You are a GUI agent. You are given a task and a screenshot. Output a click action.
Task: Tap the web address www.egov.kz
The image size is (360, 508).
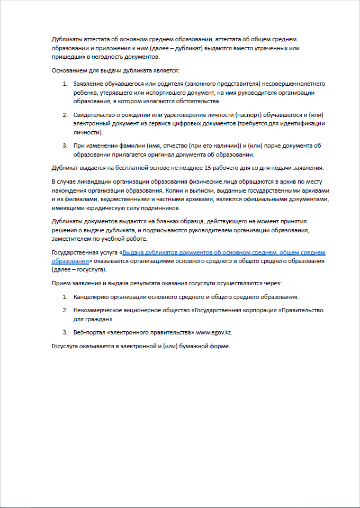pyautogui.click(x=214, y=332)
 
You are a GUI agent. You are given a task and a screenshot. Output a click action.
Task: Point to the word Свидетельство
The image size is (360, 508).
pyautogui.click(x=96, y=115)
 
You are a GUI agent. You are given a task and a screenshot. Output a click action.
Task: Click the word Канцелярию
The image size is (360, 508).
pyautogui.click(x=93, y=296)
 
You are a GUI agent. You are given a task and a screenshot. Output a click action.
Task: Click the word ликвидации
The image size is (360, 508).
pyautogui.click(x=93, y=182)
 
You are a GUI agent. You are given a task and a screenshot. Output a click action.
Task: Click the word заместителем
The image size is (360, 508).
pyautogui.click(x=73, y=239)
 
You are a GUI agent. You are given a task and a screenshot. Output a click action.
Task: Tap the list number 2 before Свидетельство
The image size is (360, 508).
pyautogui.click(x=65, y=115)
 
